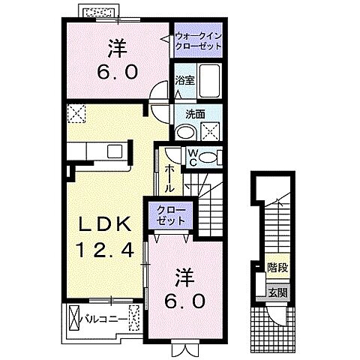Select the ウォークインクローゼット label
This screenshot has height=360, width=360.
(x=198, y=41)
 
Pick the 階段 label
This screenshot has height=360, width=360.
(x=277, y=266)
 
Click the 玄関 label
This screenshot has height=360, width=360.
(x=277, y=292)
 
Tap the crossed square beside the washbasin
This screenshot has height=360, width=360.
(x=211, y=130)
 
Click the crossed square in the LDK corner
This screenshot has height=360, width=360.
(x=76, y=114)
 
